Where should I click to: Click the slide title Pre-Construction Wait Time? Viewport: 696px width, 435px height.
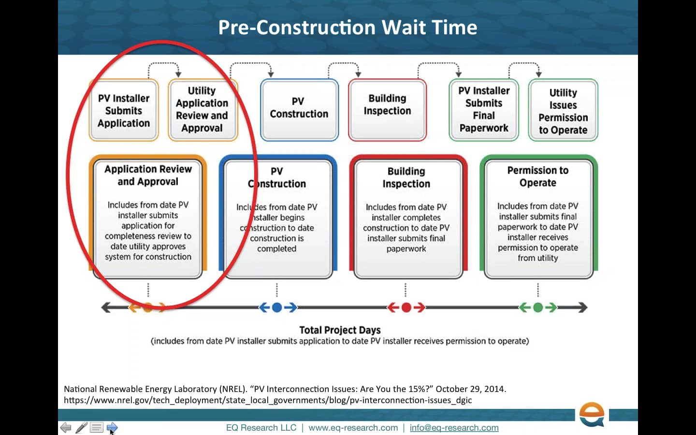(x=348, y=28)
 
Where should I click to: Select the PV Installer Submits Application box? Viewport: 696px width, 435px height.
(x=124, y=111)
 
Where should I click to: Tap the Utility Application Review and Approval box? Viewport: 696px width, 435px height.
(x=202, y=110)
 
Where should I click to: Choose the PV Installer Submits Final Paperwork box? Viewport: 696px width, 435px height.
(x=484, y=110)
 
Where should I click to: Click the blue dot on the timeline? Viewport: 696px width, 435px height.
(x=277, y=307)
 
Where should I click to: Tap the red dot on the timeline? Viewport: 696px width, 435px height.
(x=406, y=307)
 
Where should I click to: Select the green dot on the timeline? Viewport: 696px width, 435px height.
(x=538, y=307)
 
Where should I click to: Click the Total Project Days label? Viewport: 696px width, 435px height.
(x=340, y=330)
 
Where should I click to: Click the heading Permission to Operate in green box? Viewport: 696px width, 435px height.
(x=538, y=176)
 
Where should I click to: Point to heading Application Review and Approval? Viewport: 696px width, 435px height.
(x=148, y=175)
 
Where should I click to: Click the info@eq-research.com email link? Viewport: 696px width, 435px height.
(x=454, y=428)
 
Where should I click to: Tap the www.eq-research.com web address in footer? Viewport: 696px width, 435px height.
(x=353, y=428)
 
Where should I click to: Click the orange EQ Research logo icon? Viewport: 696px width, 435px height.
(x=592, y=414)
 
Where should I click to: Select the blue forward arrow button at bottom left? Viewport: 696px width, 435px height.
(x=112, y=427)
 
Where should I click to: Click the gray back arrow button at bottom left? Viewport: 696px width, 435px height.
(x=66, y=427)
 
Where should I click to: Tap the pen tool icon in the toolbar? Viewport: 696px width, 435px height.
(x=81, y=427)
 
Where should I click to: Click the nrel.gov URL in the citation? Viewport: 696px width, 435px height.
(x=268, y=400)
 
